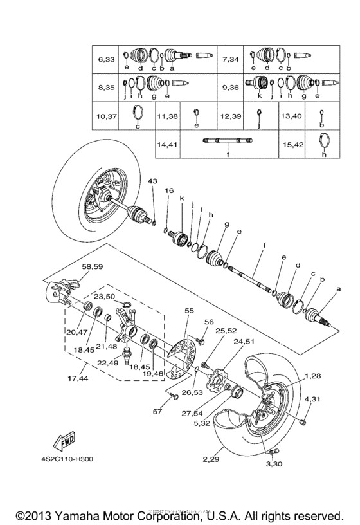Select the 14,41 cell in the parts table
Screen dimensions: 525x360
point(168,145)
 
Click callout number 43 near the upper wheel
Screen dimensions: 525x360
point(152,182)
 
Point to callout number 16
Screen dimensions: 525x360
point(169,191)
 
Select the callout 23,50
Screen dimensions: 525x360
point(104,297)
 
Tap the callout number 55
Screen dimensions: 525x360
point(189,311)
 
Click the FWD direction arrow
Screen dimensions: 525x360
point(64,443)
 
